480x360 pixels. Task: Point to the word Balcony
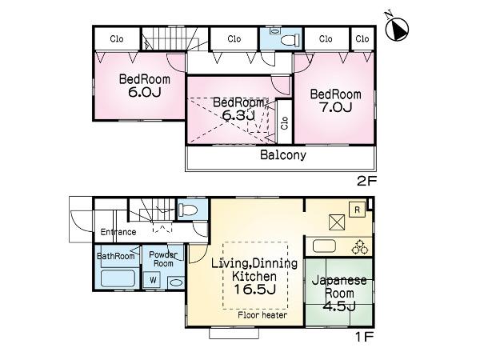[282, 156]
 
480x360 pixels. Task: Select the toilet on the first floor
[188, 210]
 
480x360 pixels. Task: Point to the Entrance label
[118, 232]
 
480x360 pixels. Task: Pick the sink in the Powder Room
[175, 282]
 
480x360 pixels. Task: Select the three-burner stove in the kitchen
[359, 246]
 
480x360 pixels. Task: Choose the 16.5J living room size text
[243, 289]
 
